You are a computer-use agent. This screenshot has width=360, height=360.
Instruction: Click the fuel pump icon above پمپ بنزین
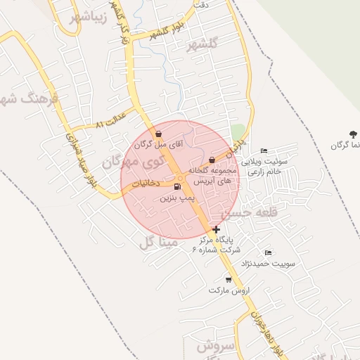pos(176,186)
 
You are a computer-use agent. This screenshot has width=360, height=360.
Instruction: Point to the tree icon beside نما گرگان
pos(351,134)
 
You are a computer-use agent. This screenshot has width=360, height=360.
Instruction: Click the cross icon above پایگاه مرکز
pos(216,229)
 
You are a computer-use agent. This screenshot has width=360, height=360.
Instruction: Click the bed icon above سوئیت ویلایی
pos(264,150)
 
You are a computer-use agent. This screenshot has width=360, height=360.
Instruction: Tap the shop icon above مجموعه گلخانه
pos(212,160)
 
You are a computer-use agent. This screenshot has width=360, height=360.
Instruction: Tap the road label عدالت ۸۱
pos(110,119)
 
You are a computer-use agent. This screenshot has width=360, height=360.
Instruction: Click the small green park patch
pos(238,132)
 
